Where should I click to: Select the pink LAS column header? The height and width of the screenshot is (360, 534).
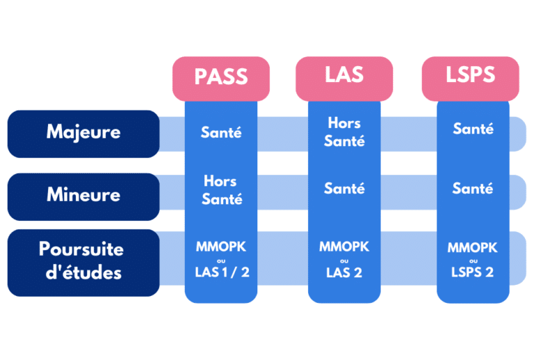coord(344,75)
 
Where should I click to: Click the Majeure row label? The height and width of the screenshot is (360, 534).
coord(83,132)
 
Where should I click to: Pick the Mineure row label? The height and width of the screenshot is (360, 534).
coord(83,195)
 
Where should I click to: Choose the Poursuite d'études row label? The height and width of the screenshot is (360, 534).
coord(83,261)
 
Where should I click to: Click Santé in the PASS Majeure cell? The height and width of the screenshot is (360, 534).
coord(221,132)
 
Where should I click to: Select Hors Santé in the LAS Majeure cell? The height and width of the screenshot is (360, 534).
coord(344,132)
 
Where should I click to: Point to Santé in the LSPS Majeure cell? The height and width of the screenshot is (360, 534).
coord(473,129)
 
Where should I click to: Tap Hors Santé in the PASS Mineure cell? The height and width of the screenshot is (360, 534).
coord(221,190)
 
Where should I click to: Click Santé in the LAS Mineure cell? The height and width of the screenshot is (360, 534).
coord(344,188)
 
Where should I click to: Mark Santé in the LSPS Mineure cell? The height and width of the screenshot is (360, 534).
coord(473,188)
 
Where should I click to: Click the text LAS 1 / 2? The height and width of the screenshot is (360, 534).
coord(221,272)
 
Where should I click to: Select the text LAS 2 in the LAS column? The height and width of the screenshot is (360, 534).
coord(344,272)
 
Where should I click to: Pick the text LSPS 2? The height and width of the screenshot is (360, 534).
coord(473,272)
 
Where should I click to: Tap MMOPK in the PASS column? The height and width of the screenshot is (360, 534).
coord(221,247)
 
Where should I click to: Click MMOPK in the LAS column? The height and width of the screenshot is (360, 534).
coord(344,247)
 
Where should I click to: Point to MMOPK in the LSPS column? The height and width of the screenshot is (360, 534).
coord(473,247)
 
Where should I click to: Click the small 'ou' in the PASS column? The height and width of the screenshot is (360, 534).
coord(221,260)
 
